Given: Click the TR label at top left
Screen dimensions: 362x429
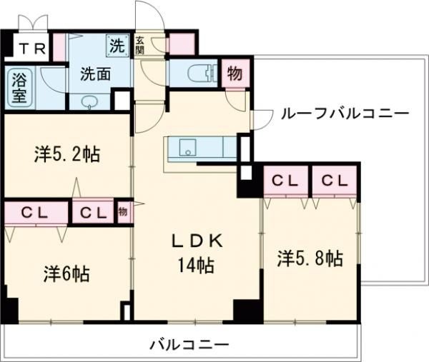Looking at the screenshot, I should click(28, 49).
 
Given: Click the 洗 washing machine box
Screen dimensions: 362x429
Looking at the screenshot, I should click(117, 45).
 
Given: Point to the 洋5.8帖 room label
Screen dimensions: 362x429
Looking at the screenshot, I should click(310, 258).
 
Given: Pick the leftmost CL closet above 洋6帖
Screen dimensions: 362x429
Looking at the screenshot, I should click(34, 212).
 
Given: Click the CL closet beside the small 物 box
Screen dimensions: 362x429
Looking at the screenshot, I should click(93, 212).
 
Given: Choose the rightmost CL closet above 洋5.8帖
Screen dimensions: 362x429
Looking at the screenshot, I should click(333, 181).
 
